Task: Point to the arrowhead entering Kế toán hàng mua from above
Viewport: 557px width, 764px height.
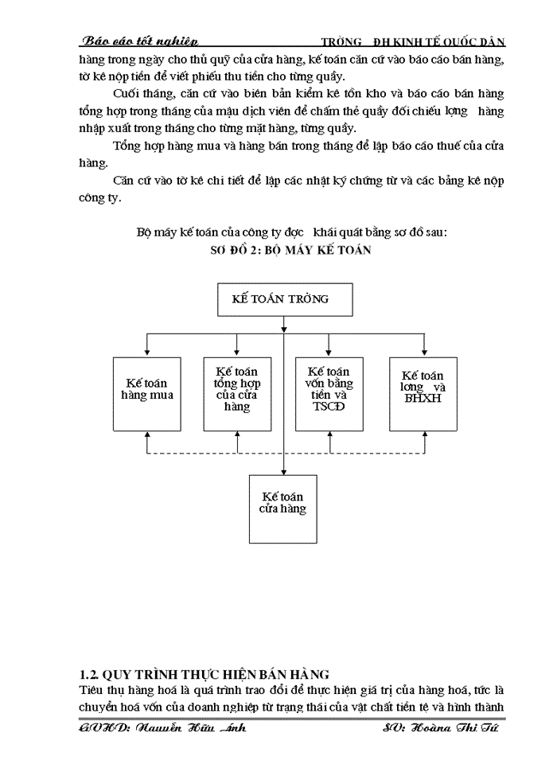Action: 147,349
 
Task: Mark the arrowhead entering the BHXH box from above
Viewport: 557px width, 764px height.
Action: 423,349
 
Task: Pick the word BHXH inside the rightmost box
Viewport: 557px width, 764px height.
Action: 423,398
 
